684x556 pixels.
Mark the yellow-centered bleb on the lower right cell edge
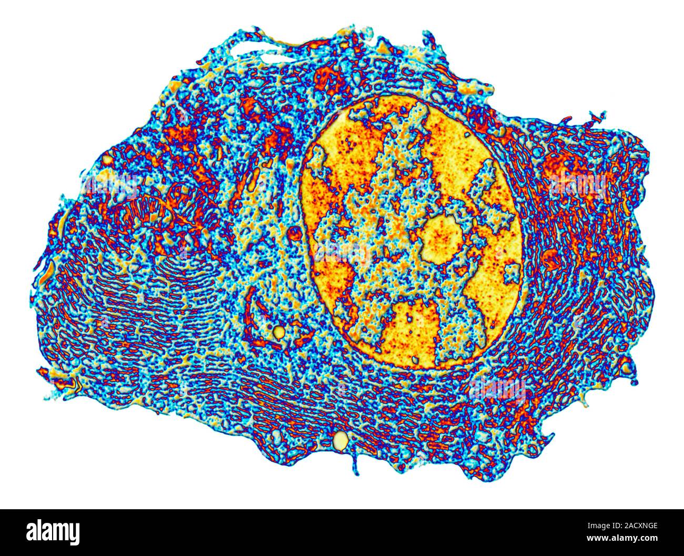[x=626, y=367]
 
